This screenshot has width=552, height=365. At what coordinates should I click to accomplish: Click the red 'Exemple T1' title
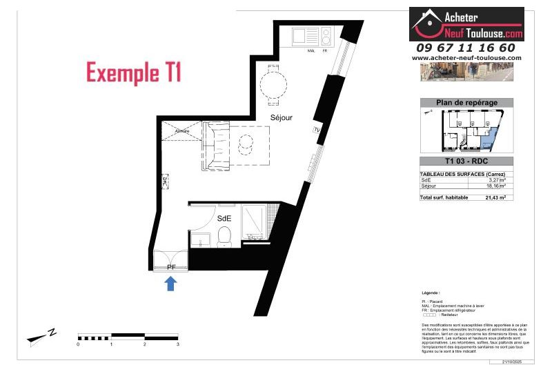[x=133, y=72]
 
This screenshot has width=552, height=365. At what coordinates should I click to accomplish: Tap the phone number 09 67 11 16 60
[x=466, y=48]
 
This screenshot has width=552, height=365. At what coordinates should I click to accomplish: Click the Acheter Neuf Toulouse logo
[x=466, y=24]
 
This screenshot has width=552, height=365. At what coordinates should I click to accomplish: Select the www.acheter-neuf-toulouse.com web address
[x=466, y=58]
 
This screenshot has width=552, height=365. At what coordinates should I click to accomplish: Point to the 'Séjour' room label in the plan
[x=281, y=118]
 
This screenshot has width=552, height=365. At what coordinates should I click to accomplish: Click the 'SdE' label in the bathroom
[x=224, y=218]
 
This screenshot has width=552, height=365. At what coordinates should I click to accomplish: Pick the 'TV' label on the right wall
[x=317, y=130]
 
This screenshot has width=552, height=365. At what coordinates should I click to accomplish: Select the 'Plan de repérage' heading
[x=466, y=102]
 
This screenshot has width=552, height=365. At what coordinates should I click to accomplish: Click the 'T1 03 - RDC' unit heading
[x=466, y=161]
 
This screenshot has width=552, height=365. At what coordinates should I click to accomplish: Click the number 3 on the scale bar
[x=178, y=343]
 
